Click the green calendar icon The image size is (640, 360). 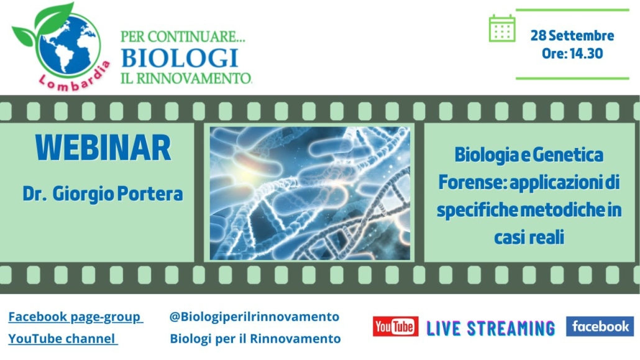point(502,28)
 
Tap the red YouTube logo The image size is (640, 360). point(396,326)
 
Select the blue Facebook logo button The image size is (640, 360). point(600,326)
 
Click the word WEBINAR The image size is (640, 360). point(103,147)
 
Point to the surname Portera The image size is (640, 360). point(150,193)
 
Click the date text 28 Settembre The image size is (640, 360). point(572,35)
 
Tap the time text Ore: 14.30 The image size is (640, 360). point(572,53)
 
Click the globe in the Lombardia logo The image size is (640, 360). point(68,46)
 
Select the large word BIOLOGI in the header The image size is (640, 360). point(180,58)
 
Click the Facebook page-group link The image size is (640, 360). point(75,316)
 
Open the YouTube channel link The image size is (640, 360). point(63,338)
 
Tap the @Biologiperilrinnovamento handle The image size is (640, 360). point(254,316)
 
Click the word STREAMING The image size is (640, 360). point(511,328)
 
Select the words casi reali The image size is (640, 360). point(529,237)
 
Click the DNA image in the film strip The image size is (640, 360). point(310,193)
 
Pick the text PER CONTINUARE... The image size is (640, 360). point(183,37)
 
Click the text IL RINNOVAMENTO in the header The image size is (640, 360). point(186,78)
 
